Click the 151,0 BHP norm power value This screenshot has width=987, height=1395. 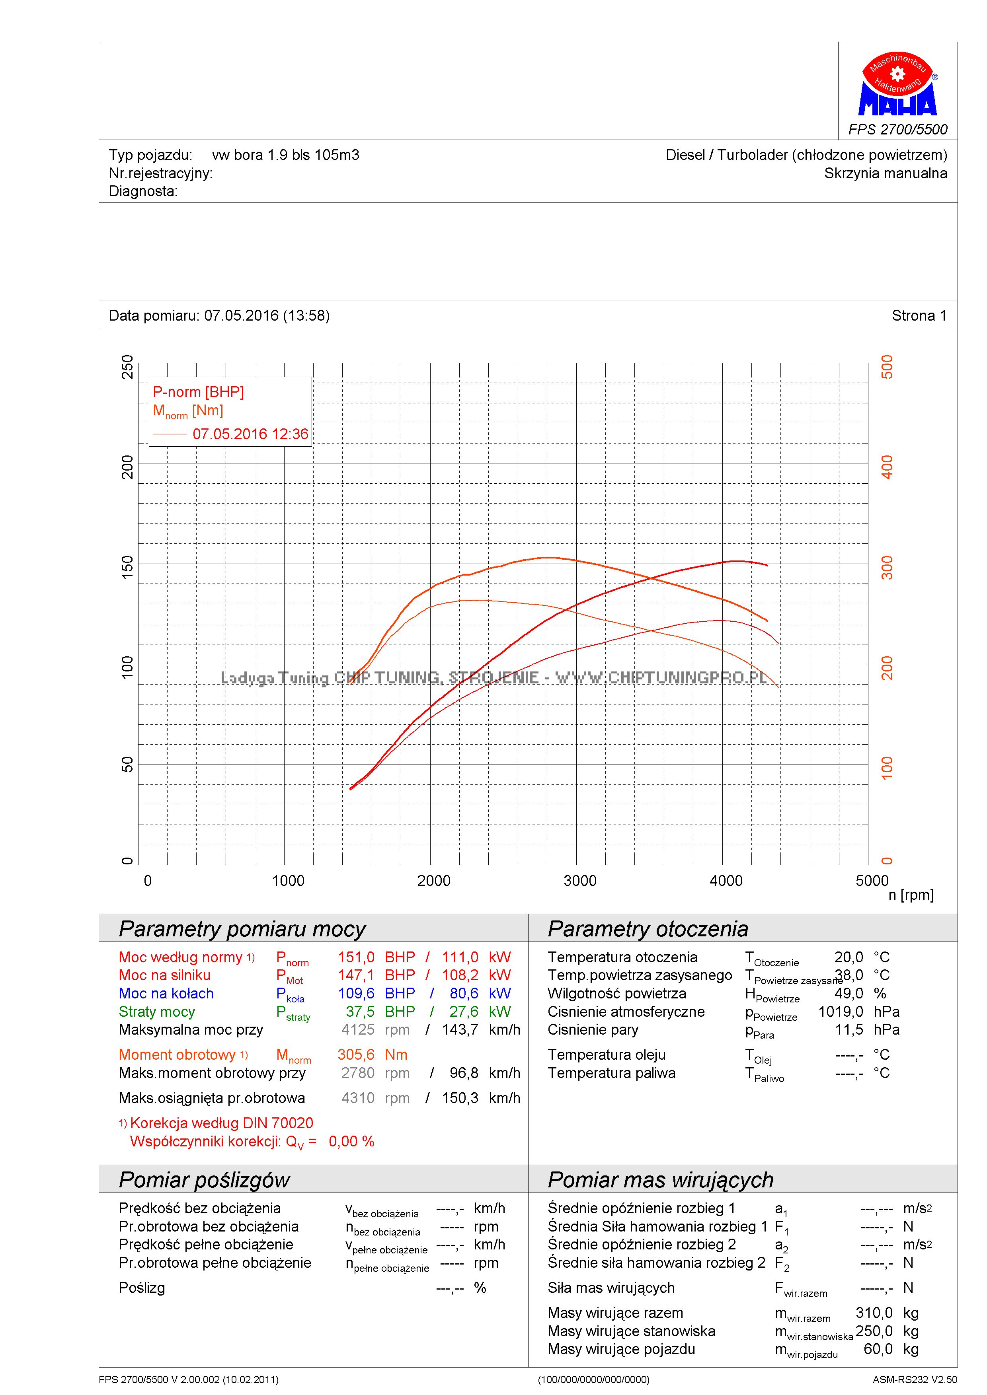356,957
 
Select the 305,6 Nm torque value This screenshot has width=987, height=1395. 356,1055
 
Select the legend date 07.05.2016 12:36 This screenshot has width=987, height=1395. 250,434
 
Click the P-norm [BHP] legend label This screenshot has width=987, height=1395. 198,392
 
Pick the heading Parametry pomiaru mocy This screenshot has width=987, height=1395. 242,929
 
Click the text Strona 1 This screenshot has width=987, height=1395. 919,315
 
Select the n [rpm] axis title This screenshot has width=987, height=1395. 911,895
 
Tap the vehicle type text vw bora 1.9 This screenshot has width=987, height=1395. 286,155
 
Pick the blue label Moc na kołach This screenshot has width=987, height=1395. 166,993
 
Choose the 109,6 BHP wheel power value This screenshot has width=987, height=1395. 356,993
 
